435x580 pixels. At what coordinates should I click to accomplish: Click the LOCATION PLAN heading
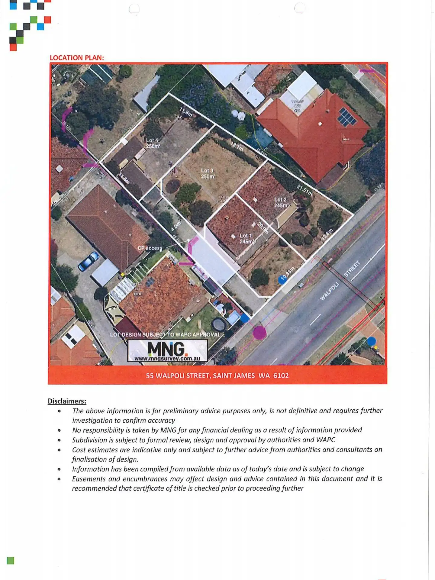tap(77, 58)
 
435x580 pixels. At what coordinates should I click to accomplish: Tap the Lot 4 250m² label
tap(153, 143)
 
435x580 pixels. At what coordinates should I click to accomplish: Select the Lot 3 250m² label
tap(208, 173)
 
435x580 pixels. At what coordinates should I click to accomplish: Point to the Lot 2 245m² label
tap(281, 202)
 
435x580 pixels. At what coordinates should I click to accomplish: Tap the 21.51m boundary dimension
tap(304, 190)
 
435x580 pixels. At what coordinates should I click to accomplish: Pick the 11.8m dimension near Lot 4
tap(186, 112)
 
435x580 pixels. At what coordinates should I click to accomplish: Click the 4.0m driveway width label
tap(176, 226)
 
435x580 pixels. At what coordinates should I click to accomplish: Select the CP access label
tap(150, 248)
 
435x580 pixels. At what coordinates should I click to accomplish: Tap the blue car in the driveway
tap(88, 261)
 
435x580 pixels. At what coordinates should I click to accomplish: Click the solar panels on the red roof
tap(346, 117)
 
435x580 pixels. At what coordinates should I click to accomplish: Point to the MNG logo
tap(167, 349)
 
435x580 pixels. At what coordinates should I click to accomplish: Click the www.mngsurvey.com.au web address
tap(167, 359)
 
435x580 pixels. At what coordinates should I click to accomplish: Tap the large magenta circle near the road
tap(259, 333)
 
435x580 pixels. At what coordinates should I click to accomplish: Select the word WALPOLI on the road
tap(329, 291)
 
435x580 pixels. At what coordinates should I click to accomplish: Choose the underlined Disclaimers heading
tap(67, 401)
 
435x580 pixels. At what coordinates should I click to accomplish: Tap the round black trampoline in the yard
tap(219, 324)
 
